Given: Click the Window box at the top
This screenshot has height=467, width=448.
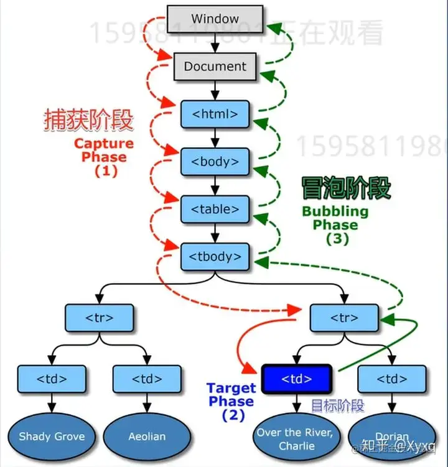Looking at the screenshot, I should [x=215, y=19].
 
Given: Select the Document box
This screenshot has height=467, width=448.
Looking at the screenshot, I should [x=215, y=66].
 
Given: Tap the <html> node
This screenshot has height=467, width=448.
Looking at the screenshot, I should [x=215, y=114].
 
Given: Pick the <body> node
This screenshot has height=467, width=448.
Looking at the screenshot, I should [x=215, y=162].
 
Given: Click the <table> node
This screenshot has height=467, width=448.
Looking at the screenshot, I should [x=215, y=209].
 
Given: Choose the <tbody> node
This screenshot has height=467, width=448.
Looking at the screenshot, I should [x=215, y=256].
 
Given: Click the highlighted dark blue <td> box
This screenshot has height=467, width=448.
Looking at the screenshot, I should [x=296, y=378].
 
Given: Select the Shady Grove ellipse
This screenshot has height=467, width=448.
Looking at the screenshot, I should [x=52, y=436].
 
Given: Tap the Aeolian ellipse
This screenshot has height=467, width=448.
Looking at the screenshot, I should [x=147, y=436].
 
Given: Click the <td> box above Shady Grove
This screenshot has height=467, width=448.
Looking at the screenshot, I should [x=52, y=378].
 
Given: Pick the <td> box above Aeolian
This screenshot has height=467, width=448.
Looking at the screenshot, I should [x=147, y=378].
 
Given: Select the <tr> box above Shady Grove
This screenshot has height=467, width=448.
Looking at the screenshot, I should [x=99, y=318].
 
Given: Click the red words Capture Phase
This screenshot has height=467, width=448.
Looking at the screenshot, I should [x=104, y=150].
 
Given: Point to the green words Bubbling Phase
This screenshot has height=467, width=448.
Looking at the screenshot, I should [x=335, y=218].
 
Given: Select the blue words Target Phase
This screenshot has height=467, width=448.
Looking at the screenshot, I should [x=231, y=395].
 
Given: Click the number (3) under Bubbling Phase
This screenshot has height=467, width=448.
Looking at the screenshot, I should [x=338, y=238].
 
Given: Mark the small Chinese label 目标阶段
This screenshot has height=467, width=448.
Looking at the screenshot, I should [x=337, y=407].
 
